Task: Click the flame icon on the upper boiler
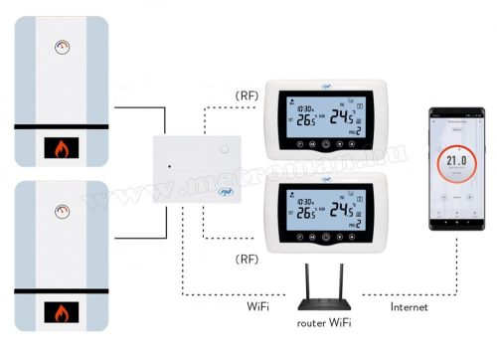pyautogui.click(x=61, y=150)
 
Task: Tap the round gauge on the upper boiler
pyautogui.click(x=62, y=45)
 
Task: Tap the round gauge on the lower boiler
pyautogui.click(x=62, y=210)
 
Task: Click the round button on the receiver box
pyautogui.click(x=224, y=149)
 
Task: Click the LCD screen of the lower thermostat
pyautogui.click(x=323, y=207)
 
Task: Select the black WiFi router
pyautogui.click(x=325, y=288)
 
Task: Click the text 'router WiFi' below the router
pyautogui.click(x=325, y=323)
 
